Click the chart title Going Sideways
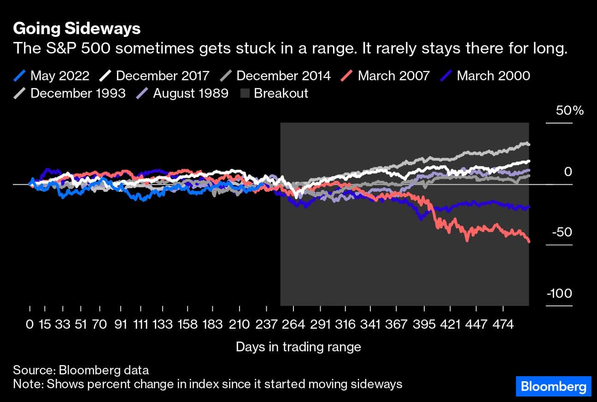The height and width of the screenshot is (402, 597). pyautogui.click(x=76, y=29)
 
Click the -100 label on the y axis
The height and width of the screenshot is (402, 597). pyautogui.click(x=559, y=294)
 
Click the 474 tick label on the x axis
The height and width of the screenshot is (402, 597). pyautogui.click(x=503, y=324)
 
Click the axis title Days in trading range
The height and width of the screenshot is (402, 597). pyautogui.click(x=298, y=347)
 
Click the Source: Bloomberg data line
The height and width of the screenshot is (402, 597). pyautogui.click(x=81, y=370)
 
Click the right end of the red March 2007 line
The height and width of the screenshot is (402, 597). pyautogui.click(x=528, y=241)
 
